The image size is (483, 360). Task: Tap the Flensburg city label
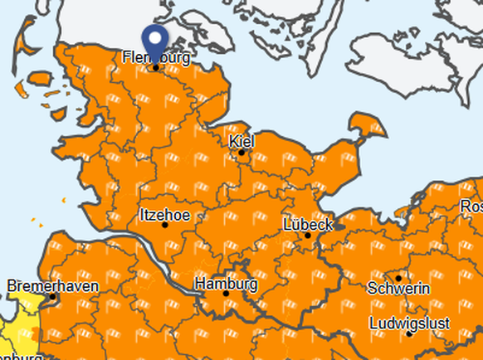coord(155,58)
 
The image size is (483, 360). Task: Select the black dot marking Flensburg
coord(155,67)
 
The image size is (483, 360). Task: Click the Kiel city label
coord(242,142)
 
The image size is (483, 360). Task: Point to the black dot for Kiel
coord(242,152)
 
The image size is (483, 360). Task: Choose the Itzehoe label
coord(165,215)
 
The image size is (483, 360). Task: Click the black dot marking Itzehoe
coord(164,225)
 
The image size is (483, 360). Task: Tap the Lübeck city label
coord(308,225)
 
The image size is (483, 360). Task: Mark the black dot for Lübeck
coord(307,235)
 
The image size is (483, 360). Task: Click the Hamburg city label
coord(226,284)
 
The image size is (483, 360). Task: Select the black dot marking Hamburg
coord(226,294)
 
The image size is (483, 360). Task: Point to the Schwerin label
coord(399,289)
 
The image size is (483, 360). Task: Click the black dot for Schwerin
coord(398,278)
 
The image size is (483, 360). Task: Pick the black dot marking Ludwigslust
coord(408,333)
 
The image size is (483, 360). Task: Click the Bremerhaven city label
coord(53,286)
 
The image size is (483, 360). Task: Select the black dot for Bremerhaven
coord(53,296)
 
